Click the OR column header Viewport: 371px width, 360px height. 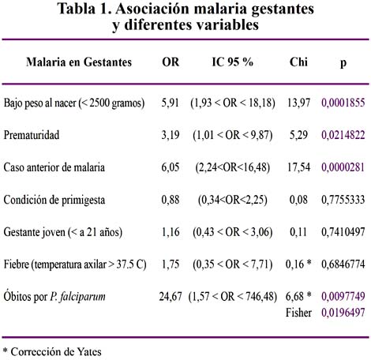[x=171, y=62]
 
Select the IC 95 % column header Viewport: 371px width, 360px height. [x=233, y=62]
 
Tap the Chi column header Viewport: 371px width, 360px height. [x=298, y=62]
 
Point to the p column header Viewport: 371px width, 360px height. [x=343, y=63]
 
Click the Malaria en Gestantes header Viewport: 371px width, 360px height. [x=79, y=62]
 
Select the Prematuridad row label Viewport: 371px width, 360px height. [x=32, y=135]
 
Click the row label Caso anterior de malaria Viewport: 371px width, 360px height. [x=54, y=167]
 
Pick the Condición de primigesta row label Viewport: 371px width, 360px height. [x=54, y=200]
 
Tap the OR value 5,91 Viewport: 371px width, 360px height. [x=171, y=103]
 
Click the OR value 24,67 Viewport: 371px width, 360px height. [x=171, y=297]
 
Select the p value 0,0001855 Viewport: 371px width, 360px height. [x=343, y=103]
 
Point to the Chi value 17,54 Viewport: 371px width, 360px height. [x=298, y=167]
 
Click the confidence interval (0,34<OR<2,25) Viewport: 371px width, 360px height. [x=233, y=200]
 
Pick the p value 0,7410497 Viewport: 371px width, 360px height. [x=343, y=232]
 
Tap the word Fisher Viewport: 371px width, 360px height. [x=298, y=313]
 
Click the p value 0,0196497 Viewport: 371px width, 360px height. [x=343, y=313]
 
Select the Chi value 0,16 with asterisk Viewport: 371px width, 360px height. [x=298, y=264]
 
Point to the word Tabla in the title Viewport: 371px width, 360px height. [x=77, y=9]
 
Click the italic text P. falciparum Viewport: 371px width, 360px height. [x=77, y=297]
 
